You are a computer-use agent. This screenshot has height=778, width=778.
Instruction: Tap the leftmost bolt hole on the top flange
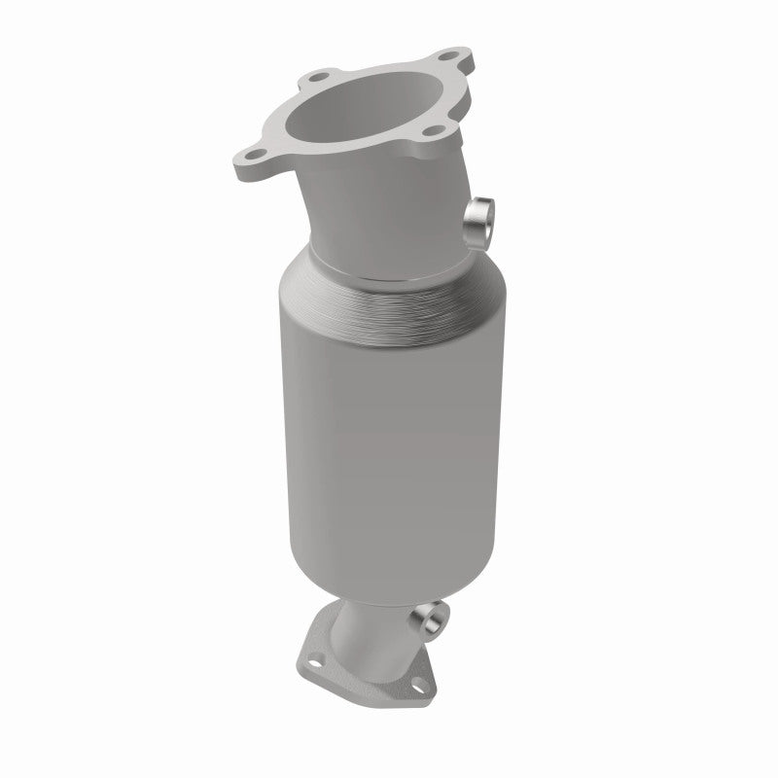click(x=256, y=152)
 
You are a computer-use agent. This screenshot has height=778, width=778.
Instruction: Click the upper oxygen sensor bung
click(x=478, y=217)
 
